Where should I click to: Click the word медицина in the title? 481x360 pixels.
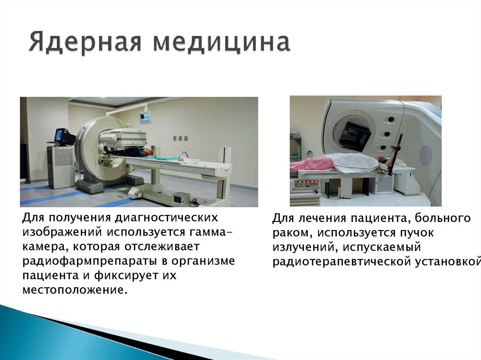[x=221, y=43]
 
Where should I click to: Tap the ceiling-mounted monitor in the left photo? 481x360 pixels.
[x=145, y=116]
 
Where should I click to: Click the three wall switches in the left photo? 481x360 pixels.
[x=180, y=138]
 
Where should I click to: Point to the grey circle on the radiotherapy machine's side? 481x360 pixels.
[x=426, y=155]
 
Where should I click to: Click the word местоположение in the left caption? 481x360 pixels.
[x=75, y=290]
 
